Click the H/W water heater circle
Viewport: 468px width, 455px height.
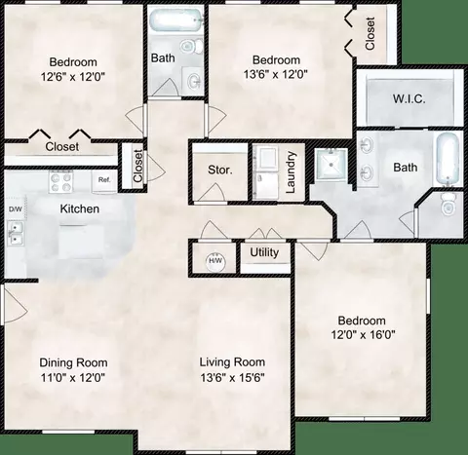215,261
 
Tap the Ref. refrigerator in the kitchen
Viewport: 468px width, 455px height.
104,180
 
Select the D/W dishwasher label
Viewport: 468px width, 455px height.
16,209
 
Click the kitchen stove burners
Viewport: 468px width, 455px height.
59,182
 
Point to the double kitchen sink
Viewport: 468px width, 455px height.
15,233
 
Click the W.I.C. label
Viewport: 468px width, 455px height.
409,98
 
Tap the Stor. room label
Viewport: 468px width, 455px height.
220,170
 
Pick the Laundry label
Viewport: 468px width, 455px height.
291,171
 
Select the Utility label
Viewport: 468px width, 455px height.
264,252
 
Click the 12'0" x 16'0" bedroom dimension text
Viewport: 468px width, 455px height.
363,334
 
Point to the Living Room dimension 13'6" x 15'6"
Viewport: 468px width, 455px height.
232,377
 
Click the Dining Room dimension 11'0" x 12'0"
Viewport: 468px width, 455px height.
73,377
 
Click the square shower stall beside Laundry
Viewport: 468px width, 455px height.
331,164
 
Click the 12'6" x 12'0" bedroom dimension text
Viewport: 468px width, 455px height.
73,77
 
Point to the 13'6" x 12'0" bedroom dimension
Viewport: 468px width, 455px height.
276,75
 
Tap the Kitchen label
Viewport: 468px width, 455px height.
80,209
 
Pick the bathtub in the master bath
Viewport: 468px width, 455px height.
448,160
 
